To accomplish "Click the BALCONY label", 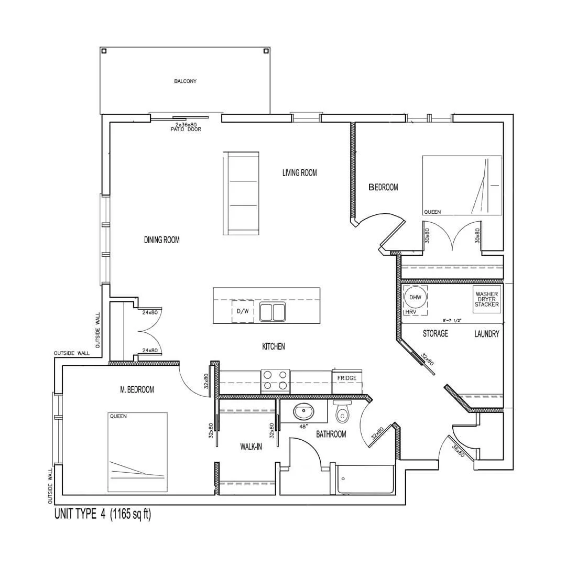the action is (x=185, y=81).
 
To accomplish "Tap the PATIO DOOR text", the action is (x=186, y=129).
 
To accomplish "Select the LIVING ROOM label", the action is (x=300, y=173).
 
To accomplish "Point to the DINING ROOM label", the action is (x=162, y=240).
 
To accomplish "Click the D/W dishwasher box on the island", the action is (x=243, y=311).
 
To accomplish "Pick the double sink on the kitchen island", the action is (x=273, y=312).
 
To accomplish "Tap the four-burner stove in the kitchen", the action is (x=276, y=382).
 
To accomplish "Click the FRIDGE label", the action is (x=347, y=378).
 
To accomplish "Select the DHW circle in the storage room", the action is (x=415, y=298).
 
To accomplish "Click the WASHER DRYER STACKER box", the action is (x=486, y=300).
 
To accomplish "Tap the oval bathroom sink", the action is (x=303, y=411).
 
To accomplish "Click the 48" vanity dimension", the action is (x=303, y=426).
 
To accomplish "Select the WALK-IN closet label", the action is (x=251, y=447).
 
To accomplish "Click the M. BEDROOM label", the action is (x=137, y=389).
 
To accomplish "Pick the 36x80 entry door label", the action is (x=458, y=451).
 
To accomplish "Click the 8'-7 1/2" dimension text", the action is (x=452, y=320).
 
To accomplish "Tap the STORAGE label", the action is (x=436, y=333).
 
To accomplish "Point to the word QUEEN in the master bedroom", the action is (x=118, y=416).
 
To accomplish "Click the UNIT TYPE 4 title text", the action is (x=80, y=514).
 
